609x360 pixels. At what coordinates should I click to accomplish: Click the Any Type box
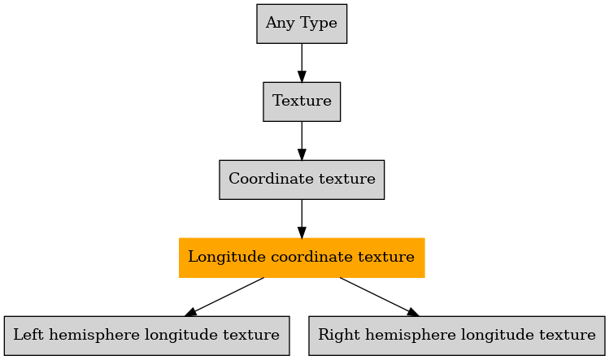[x=302, y=24]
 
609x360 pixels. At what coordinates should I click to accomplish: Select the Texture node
[x=302, y=102]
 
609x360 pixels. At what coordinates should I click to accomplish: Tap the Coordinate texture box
[x=302, y=180]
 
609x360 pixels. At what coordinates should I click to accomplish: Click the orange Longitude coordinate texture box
[x=302, y=258]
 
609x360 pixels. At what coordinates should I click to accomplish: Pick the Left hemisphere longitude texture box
[x=147, y=336]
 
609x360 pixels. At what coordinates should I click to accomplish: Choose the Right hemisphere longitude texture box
[x=457, y=336]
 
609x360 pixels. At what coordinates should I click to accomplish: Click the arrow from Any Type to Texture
[x=302, y=63]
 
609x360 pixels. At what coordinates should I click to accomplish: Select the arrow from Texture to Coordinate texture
[x=302, y=141]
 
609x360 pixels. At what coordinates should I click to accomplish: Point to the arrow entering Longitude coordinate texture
[x=302, y=219]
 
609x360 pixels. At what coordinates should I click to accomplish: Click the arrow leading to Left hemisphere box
[x=224, y=297]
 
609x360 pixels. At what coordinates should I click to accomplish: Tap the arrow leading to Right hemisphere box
[x=380, y=297]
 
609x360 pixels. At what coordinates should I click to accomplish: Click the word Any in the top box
[x=280, y=24]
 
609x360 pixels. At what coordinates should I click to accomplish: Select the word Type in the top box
[x=319, y=24]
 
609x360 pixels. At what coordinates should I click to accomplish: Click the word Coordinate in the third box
[x=271, y=179]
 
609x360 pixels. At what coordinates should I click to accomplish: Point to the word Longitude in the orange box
[x=227, y=258]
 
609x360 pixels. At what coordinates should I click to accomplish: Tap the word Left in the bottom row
[x=28, y=335]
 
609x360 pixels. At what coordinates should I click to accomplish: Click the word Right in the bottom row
[x=339, y=336]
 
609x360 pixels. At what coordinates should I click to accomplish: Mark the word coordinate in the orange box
[x=312, y=257]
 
